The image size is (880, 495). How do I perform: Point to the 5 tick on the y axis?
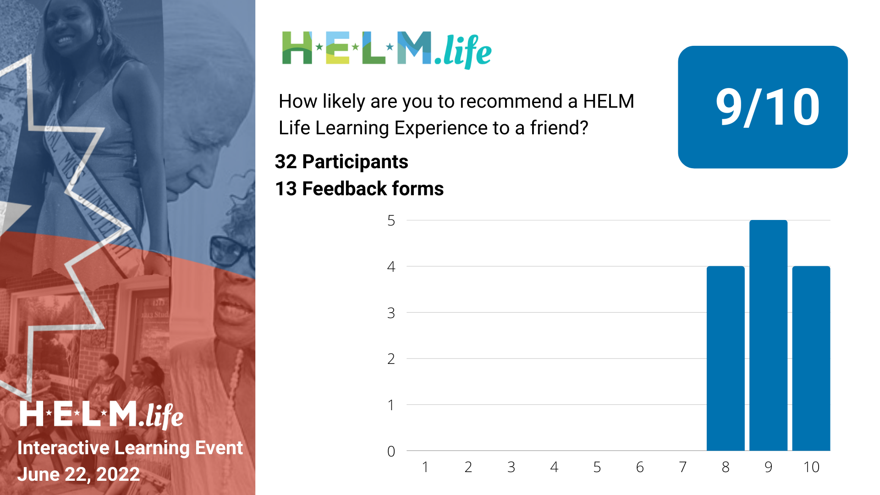coord(391,220)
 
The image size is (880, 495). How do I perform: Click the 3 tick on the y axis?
coord(391,313)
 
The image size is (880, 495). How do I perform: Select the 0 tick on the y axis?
coord(391,451)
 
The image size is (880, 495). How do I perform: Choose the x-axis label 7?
coord(682,467)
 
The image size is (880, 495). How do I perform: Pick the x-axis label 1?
coord(425,467)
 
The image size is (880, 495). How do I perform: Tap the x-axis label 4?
coord(554,467)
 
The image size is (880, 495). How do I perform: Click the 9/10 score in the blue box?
coord(767,107)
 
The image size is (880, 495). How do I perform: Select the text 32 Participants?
coord(341,162)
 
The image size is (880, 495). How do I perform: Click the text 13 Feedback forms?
coord(359,189)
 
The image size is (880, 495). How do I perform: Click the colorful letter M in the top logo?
coord(414,48)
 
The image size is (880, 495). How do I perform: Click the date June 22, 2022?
coord(78,474)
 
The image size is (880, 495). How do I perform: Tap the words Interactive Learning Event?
coord(130,448)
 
